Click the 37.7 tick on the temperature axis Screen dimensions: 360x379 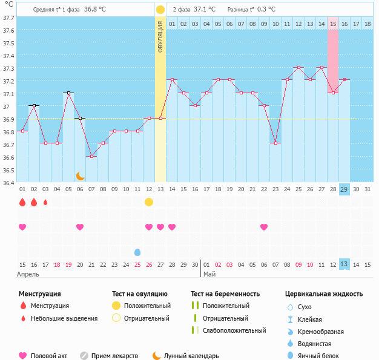point(8,18)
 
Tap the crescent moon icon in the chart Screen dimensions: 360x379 point(80,175)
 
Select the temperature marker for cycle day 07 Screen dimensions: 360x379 point(91,156)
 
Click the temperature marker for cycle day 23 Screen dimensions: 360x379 point(275,143)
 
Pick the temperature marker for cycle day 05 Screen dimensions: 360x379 point(68,93)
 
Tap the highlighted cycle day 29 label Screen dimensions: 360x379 point(344,189)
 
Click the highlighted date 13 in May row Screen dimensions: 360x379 point(344,264)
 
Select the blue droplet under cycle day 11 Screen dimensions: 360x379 point(137,252)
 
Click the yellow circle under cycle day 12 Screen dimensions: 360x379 point(149,202)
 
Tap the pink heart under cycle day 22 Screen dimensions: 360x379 point(264,227)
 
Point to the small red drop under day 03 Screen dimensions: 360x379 point(45,202)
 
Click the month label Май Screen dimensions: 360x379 point(209,274)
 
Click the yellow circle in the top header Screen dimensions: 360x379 point(160,10)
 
